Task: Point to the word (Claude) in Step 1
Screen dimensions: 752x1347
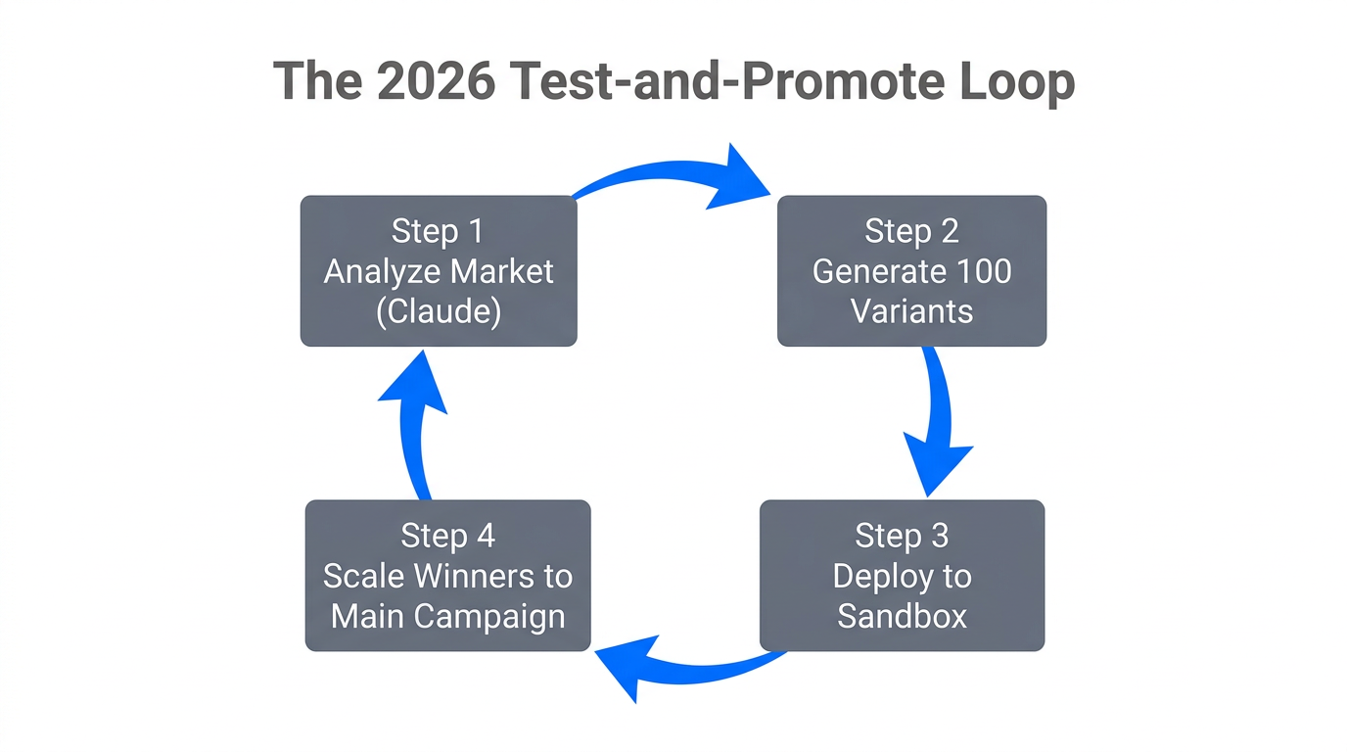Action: pyautogui.click(x=438, y=311)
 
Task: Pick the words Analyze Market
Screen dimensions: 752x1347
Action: pyautogui.click(x=438, y=271)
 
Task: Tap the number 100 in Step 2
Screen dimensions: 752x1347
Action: pyautogui.click(x=979, y=271)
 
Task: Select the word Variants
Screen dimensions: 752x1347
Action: pyautogui.click(x=911, y=311)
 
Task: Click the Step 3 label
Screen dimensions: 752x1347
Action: pyautogui.click(x=902, y=536)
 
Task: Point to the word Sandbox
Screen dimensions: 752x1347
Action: pyautogui.click(x=902, y=616)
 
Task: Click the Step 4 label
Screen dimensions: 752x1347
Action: pyautogui.click(x=447, y=536)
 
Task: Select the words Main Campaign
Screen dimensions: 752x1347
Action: pyautogui.click(x=447, y=616)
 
